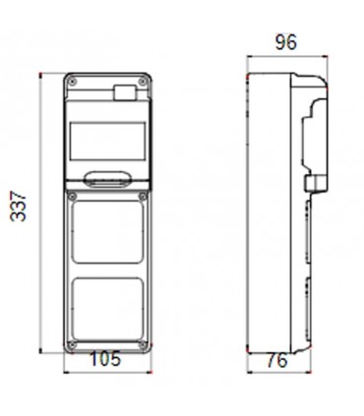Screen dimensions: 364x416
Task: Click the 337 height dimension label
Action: tap(19, 207)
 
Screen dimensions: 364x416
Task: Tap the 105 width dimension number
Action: tap(105, 359)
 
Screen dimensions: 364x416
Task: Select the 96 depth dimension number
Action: tap(286, 42)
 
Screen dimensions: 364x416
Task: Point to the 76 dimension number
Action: tap(277, 361)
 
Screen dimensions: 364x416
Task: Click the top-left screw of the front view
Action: tap(73, 82)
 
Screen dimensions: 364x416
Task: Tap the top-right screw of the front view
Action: tap(143, 82)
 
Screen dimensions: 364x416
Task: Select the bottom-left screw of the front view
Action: tap(73, 345)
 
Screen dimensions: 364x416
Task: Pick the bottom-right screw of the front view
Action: tap(143, 345)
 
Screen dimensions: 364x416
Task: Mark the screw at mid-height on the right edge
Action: tap(143, 197)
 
